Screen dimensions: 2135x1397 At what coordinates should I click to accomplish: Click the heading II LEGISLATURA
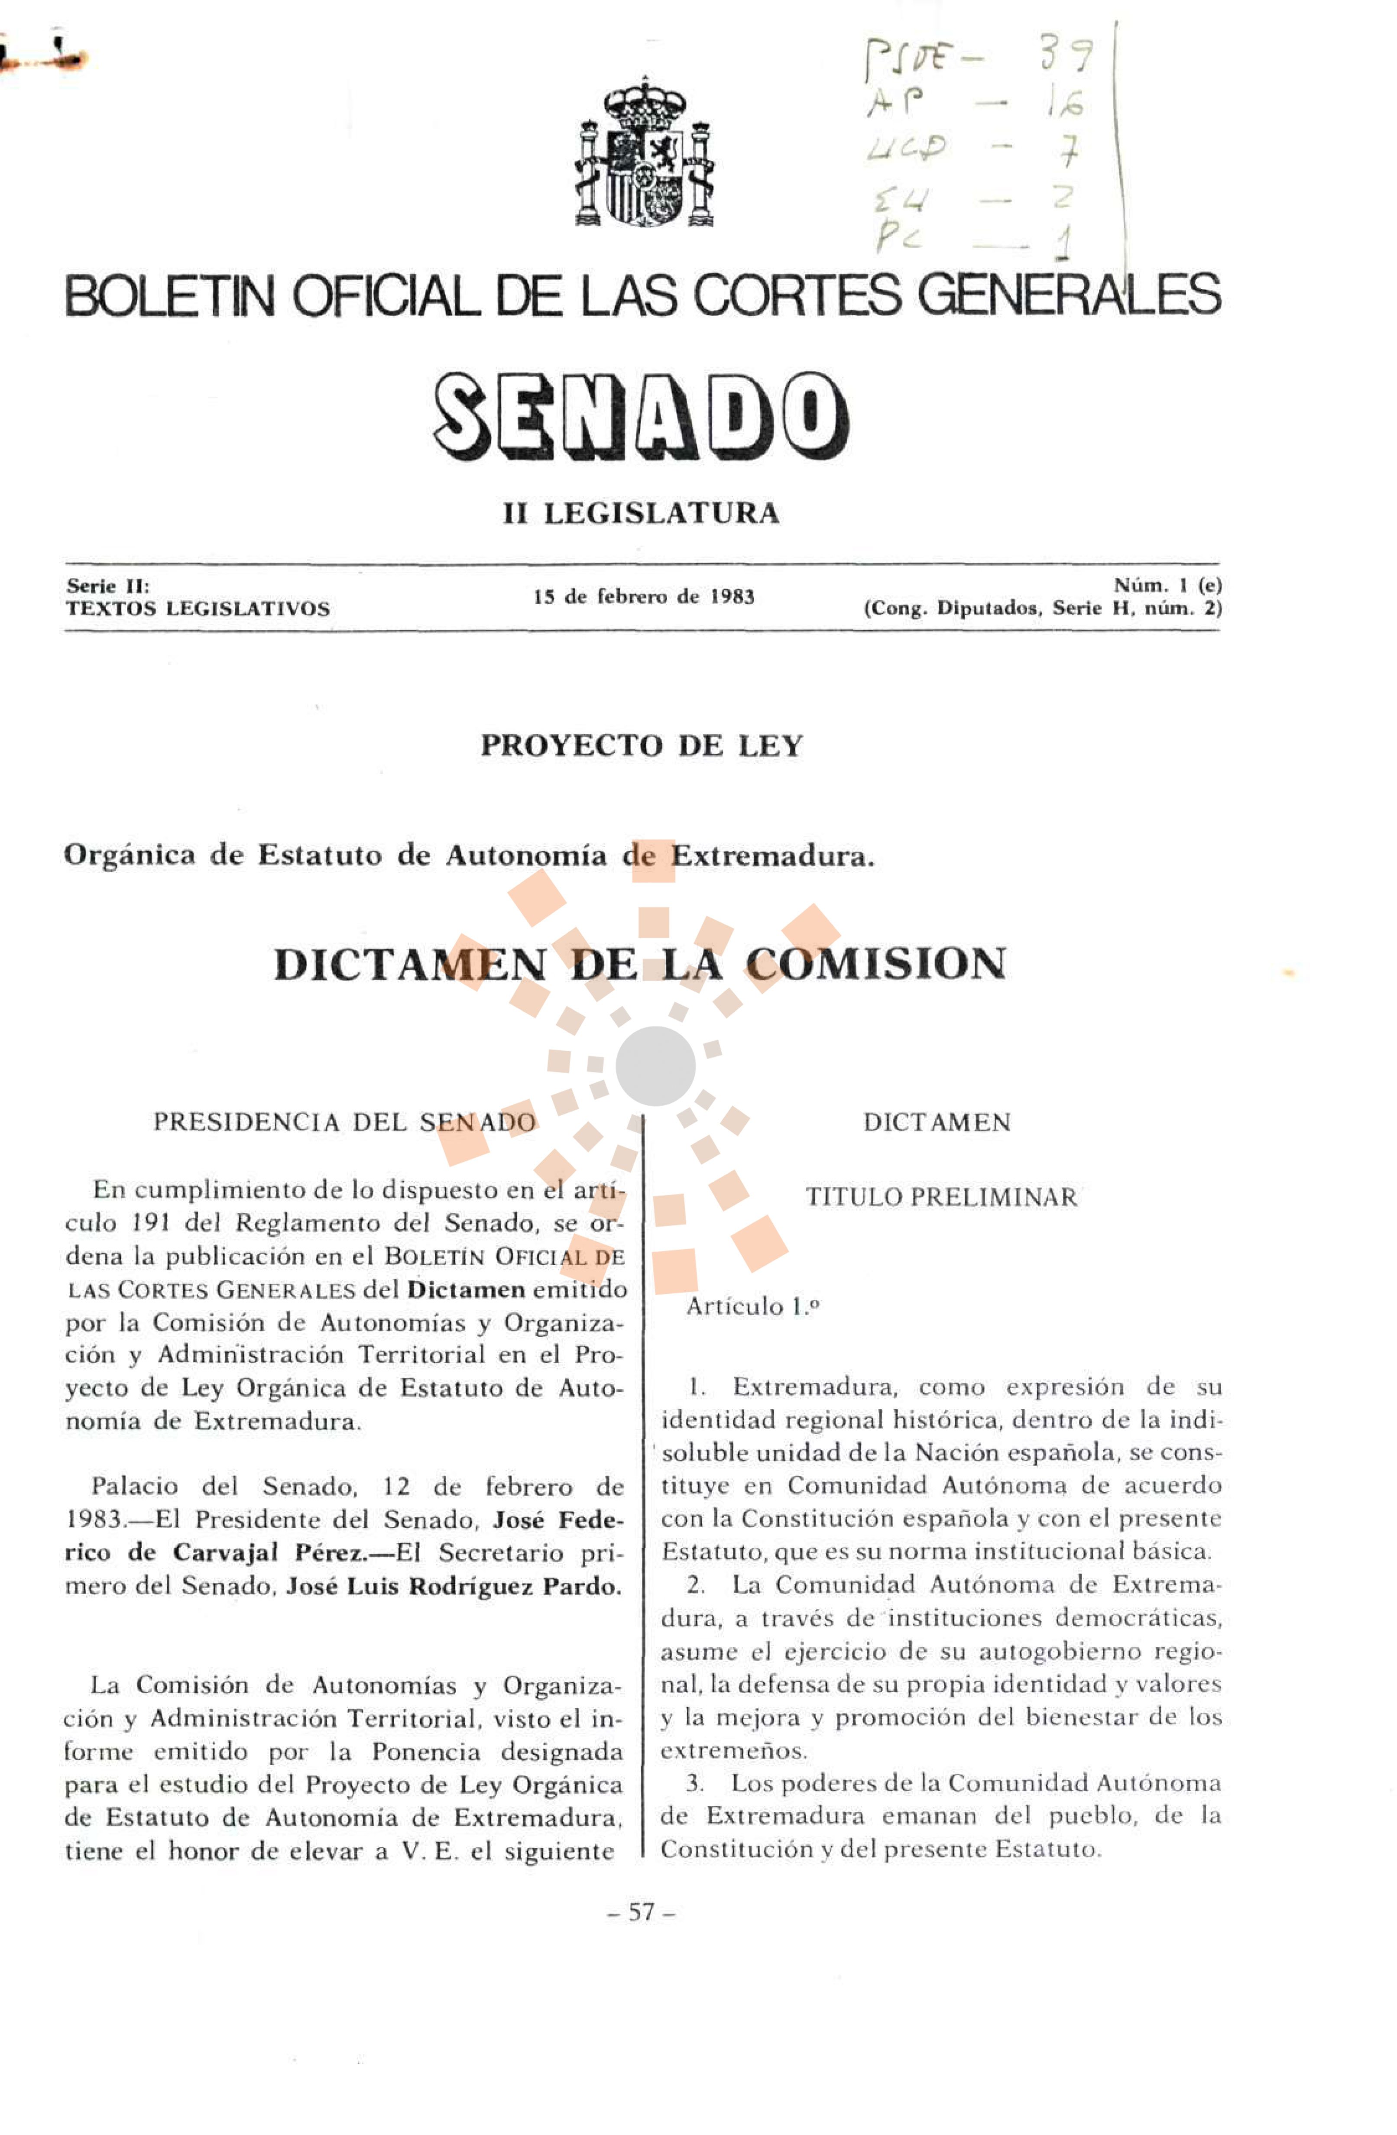tap(641, 514)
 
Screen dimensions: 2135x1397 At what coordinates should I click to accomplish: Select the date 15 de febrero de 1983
tap(643, 596)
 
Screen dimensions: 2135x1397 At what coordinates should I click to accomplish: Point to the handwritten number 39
tap(1066, 55)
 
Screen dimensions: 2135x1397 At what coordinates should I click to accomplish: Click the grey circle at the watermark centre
tap(655, 1066)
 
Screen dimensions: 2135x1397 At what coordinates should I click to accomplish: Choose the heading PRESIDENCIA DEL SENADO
tap(344, 1122)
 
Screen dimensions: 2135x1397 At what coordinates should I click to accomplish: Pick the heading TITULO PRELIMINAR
tap(940, 1198)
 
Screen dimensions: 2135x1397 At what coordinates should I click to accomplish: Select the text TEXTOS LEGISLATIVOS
tap(198, 609)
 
